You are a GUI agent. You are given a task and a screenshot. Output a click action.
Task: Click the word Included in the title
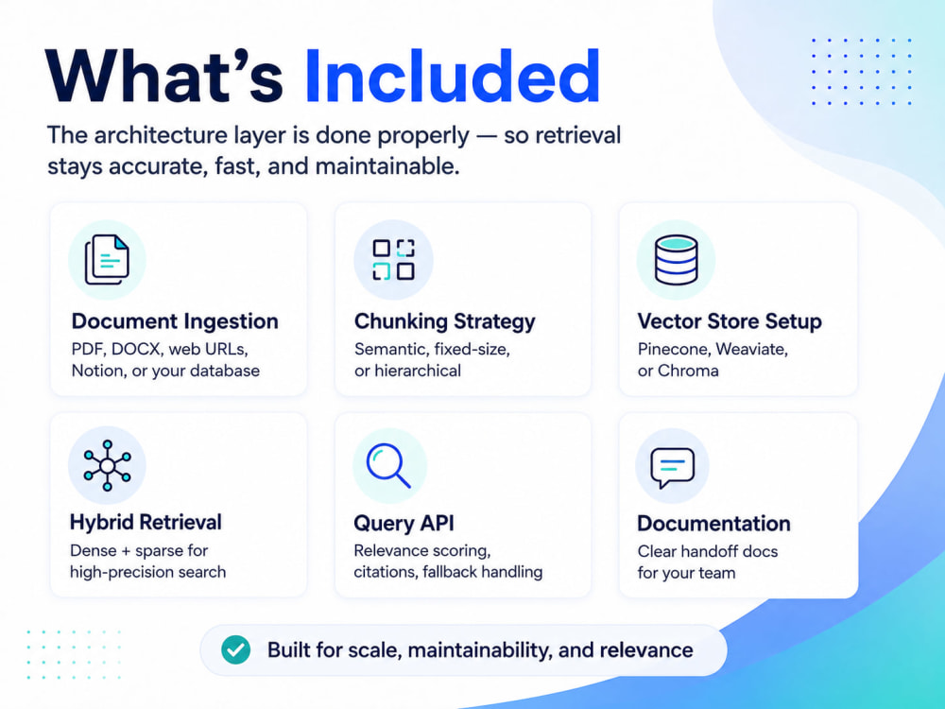452,77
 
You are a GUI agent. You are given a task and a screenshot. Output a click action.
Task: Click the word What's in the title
163,77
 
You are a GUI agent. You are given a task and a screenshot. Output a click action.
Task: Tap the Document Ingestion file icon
107,260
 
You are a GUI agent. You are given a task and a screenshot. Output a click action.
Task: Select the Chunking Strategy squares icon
393,260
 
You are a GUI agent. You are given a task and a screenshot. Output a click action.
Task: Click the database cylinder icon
677,260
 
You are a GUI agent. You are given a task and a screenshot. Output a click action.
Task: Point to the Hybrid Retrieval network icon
108,465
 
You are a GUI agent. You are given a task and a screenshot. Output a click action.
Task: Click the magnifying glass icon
388,465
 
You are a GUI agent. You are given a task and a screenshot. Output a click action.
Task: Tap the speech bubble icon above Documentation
672,467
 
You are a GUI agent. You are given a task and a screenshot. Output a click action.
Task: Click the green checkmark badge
235,650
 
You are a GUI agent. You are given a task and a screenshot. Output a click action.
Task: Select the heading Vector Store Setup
730,321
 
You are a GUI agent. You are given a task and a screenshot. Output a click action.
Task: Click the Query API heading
404,523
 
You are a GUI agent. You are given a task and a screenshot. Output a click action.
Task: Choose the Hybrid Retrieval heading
146,522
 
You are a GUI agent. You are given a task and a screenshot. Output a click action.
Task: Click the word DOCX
137,350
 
